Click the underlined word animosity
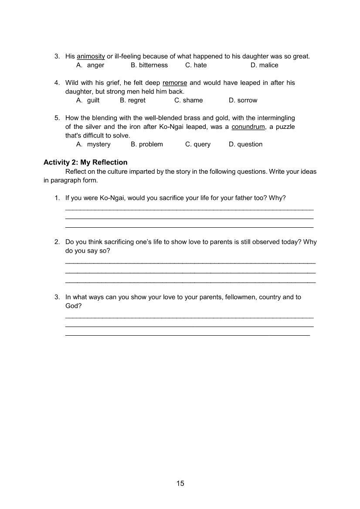[x=91, y=56]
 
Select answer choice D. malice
[x=264, y=65]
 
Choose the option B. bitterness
[x=149, y=65]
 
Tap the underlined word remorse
[x=175, y=83]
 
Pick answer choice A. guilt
[x=88, y=100]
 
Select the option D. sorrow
[x=243, y=100]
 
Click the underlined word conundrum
[x=248, y=127]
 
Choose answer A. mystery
[x=94, y=144]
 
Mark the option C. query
[x=197, y=144]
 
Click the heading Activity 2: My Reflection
[x=85, y=162]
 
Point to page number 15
[x=180, y=483]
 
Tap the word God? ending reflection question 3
[x=73, y=306]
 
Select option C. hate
[x=196, y=65]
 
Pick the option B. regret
[x=132, y=100]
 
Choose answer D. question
[x=245, y=144]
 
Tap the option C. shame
[x=188, y=100]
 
